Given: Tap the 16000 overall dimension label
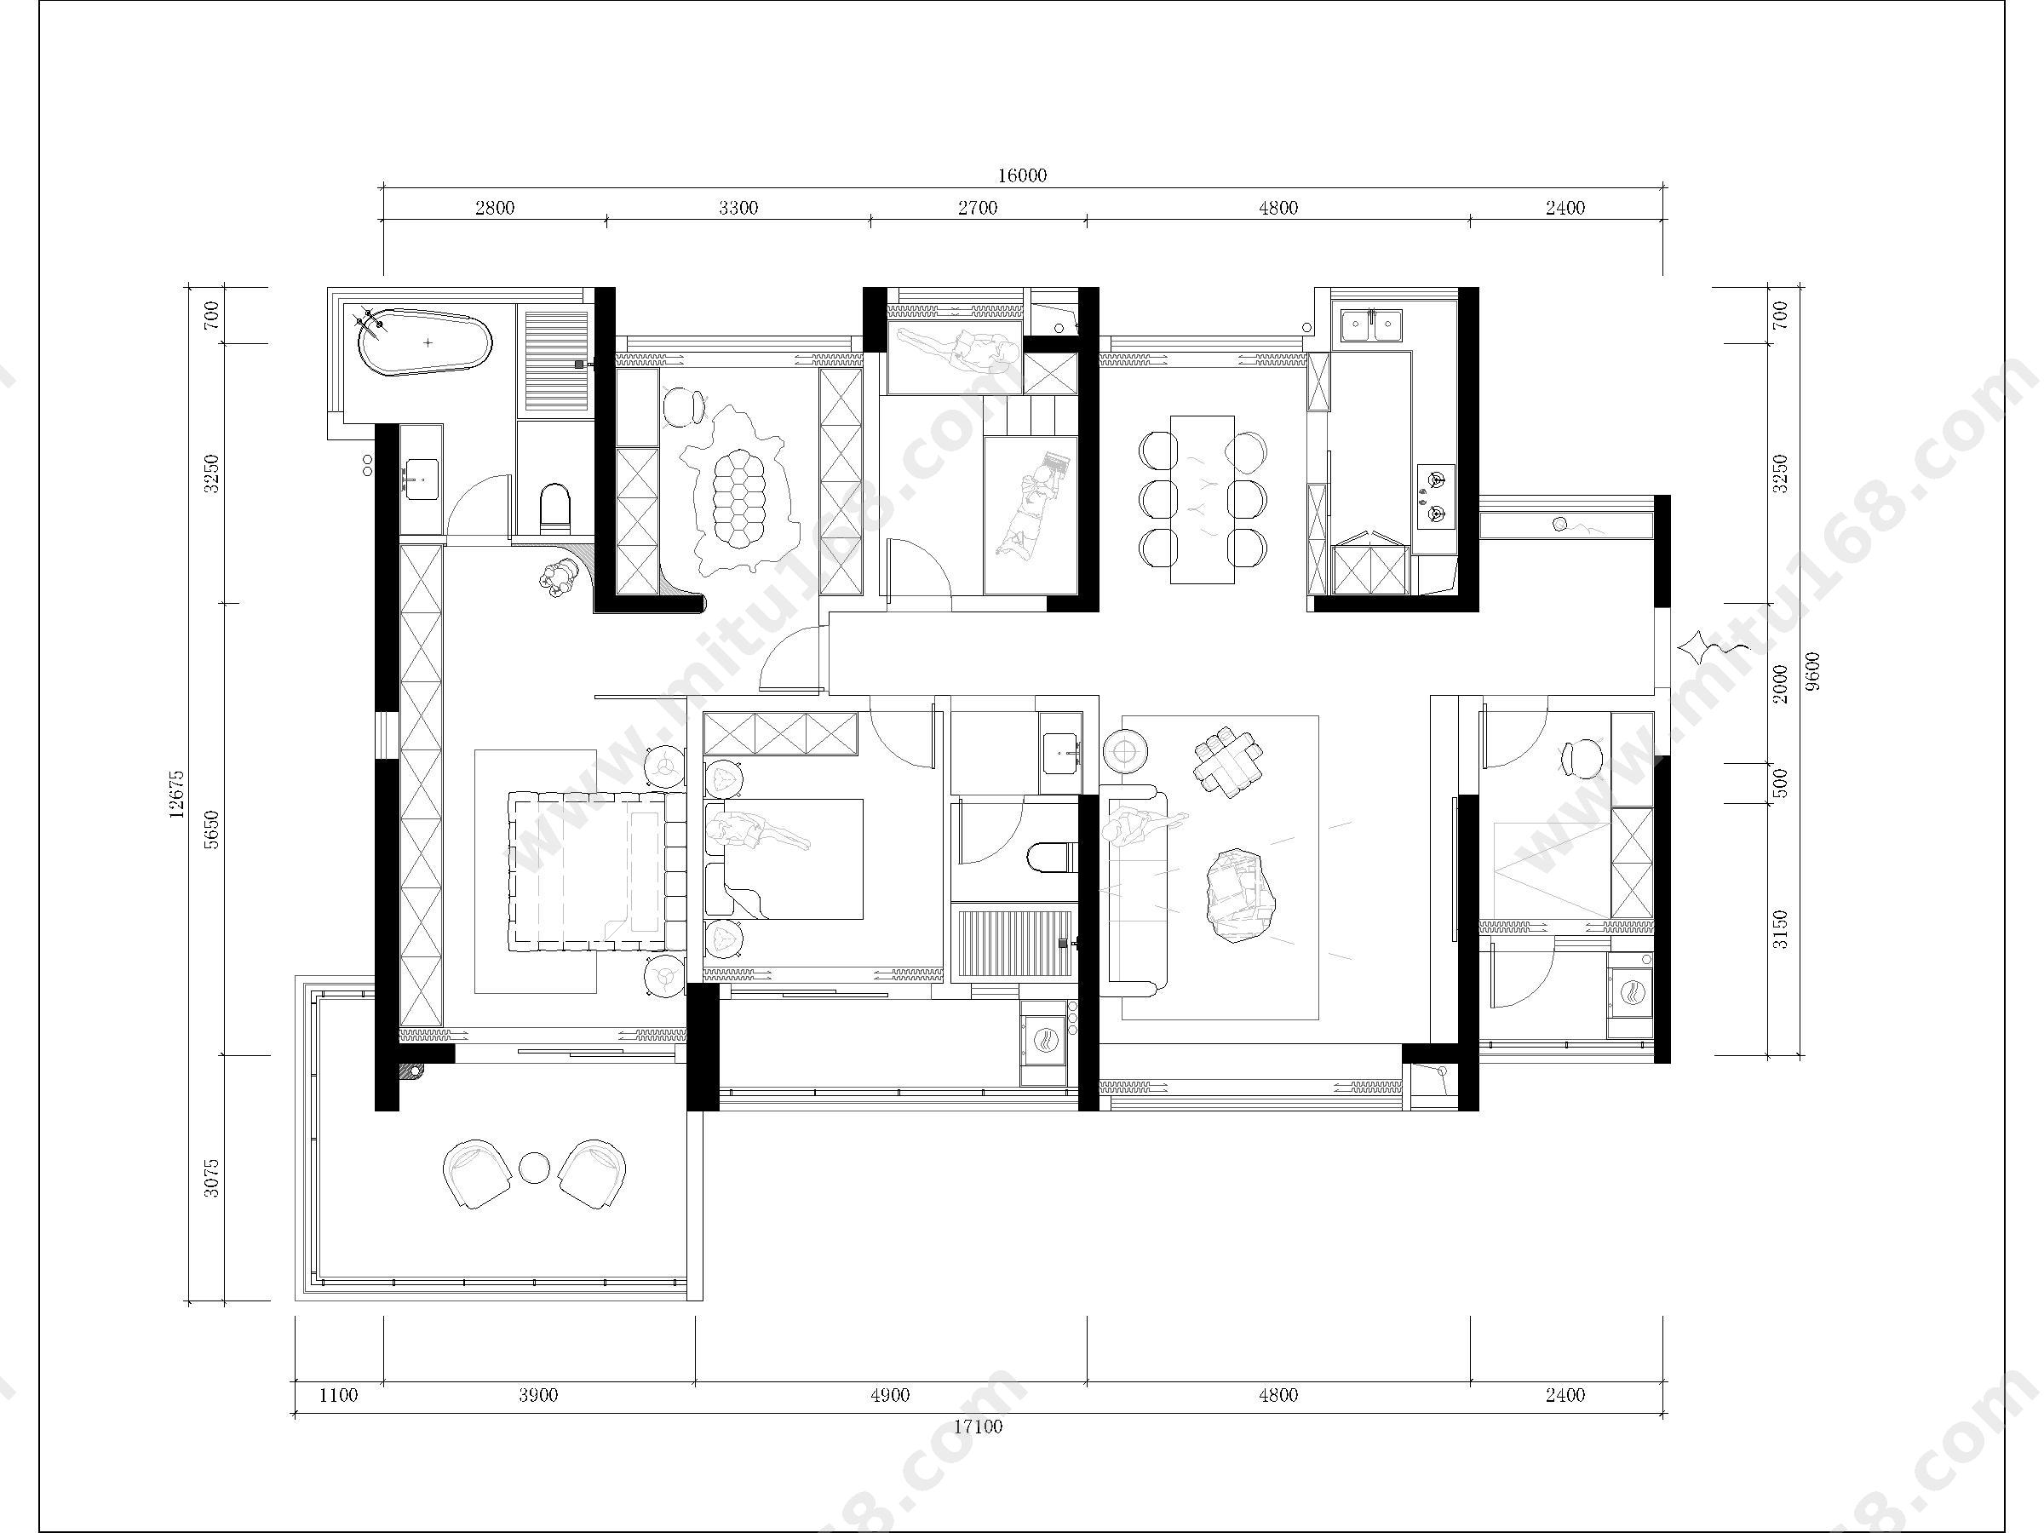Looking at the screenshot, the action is click(x=1022, y=175).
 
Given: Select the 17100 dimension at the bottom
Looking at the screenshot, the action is click(x=978, y=1427).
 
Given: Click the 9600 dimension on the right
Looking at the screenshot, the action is click(x=1812, y=672).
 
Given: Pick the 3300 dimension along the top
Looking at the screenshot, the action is click(x=738, y=208).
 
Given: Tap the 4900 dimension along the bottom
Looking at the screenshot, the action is click(x=890, y=1395).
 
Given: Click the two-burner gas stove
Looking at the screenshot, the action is click(x=1436, y=497).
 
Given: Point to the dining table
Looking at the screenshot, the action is click(x=1203, y=499).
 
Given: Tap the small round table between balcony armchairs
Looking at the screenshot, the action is click(x=535, y=1168).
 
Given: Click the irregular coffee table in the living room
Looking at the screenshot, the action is click(x=1240, y=895).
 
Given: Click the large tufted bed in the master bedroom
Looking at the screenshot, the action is click(x=594, y=870).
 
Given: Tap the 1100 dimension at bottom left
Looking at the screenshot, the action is click(x=338, y=1395).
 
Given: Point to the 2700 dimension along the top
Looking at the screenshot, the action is click(x=978, y=208).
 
